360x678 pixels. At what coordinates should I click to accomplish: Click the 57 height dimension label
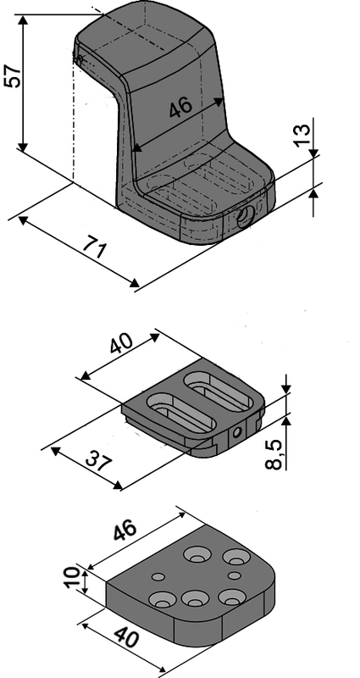(13, 75)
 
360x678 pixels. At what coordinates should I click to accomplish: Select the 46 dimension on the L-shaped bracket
(179, 108)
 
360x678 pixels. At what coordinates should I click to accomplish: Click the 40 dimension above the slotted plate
(121, 346)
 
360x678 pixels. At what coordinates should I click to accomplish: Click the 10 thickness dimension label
(74, 581)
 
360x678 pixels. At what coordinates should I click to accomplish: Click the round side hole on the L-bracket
(245, 217)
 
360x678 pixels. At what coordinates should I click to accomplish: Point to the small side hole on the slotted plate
(238, 431)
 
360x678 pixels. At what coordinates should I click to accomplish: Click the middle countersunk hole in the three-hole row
(196, 598)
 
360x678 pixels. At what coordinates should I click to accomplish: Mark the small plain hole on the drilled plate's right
(233, 576)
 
